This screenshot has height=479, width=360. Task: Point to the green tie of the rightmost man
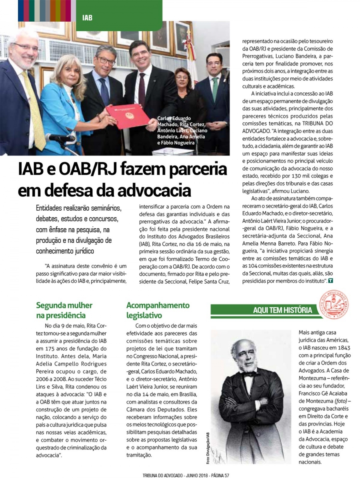tap(216, 88)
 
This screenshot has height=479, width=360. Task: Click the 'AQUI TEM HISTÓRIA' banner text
tap(282, 310)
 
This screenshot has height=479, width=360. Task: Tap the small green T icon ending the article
tap(330, 281)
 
